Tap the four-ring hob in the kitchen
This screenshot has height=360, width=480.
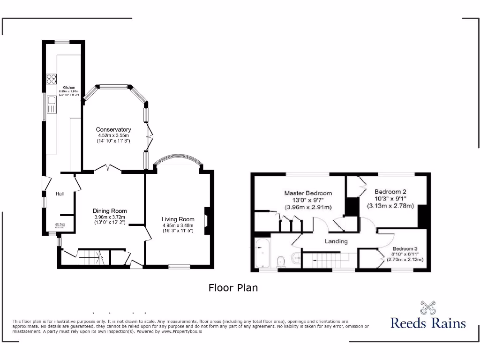click(51, 79)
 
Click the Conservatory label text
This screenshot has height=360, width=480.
click(113, 129)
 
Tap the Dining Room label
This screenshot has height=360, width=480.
click(110, 211)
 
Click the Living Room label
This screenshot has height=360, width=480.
click(178, 219)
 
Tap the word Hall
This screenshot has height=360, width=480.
click(60, 194)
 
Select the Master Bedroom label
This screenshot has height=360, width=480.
click(308, 193)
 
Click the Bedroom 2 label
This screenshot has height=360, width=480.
click(390, 191)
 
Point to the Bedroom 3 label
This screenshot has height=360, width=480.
click(405, 248)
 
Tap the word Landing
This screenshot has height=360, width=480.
click(336, 241)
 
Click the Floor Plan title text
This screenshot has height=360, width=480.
click(233, 288)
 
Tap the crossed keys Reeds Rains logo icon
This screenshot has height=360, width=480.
click(428, 307)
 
